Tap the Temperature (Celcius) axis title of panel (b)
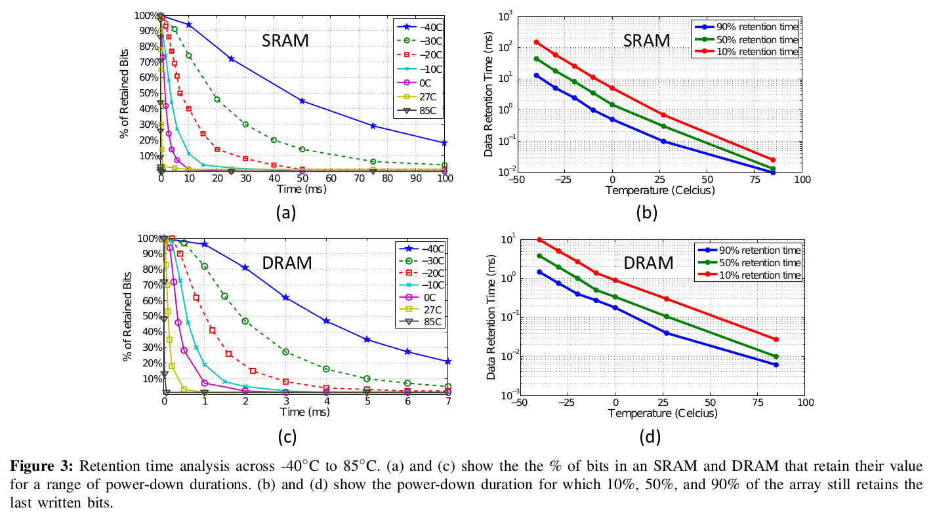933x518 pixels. (659, 191)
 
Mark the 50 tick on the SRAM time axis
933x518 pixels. (302, 178)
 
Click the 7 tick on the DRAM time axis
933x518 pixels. (448, 402)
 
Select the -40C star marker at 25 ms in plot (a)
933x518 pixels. (231, 59)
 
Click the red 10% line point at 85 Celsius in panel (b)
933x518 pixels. (773, 160)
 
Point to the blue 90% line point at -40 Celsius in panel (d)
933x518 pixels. (539, 272)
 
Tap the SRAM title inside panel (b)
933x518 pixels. (646, 41)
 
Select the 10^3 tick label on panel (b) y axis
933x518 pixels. (505, 16)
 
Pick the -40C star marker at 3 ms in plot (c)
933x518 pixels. (285, 298)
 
